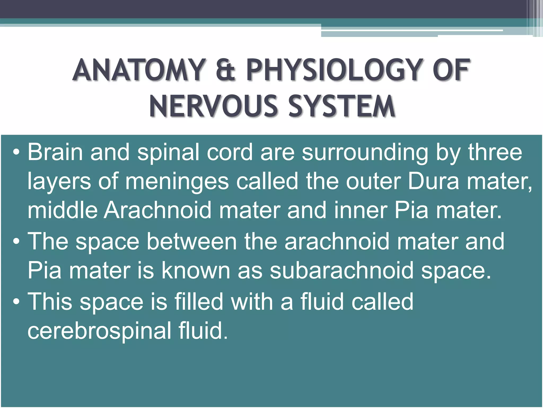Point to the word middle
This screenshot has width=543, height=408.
[63, 210]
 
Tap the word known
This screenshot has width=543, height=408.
[196, 270]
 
